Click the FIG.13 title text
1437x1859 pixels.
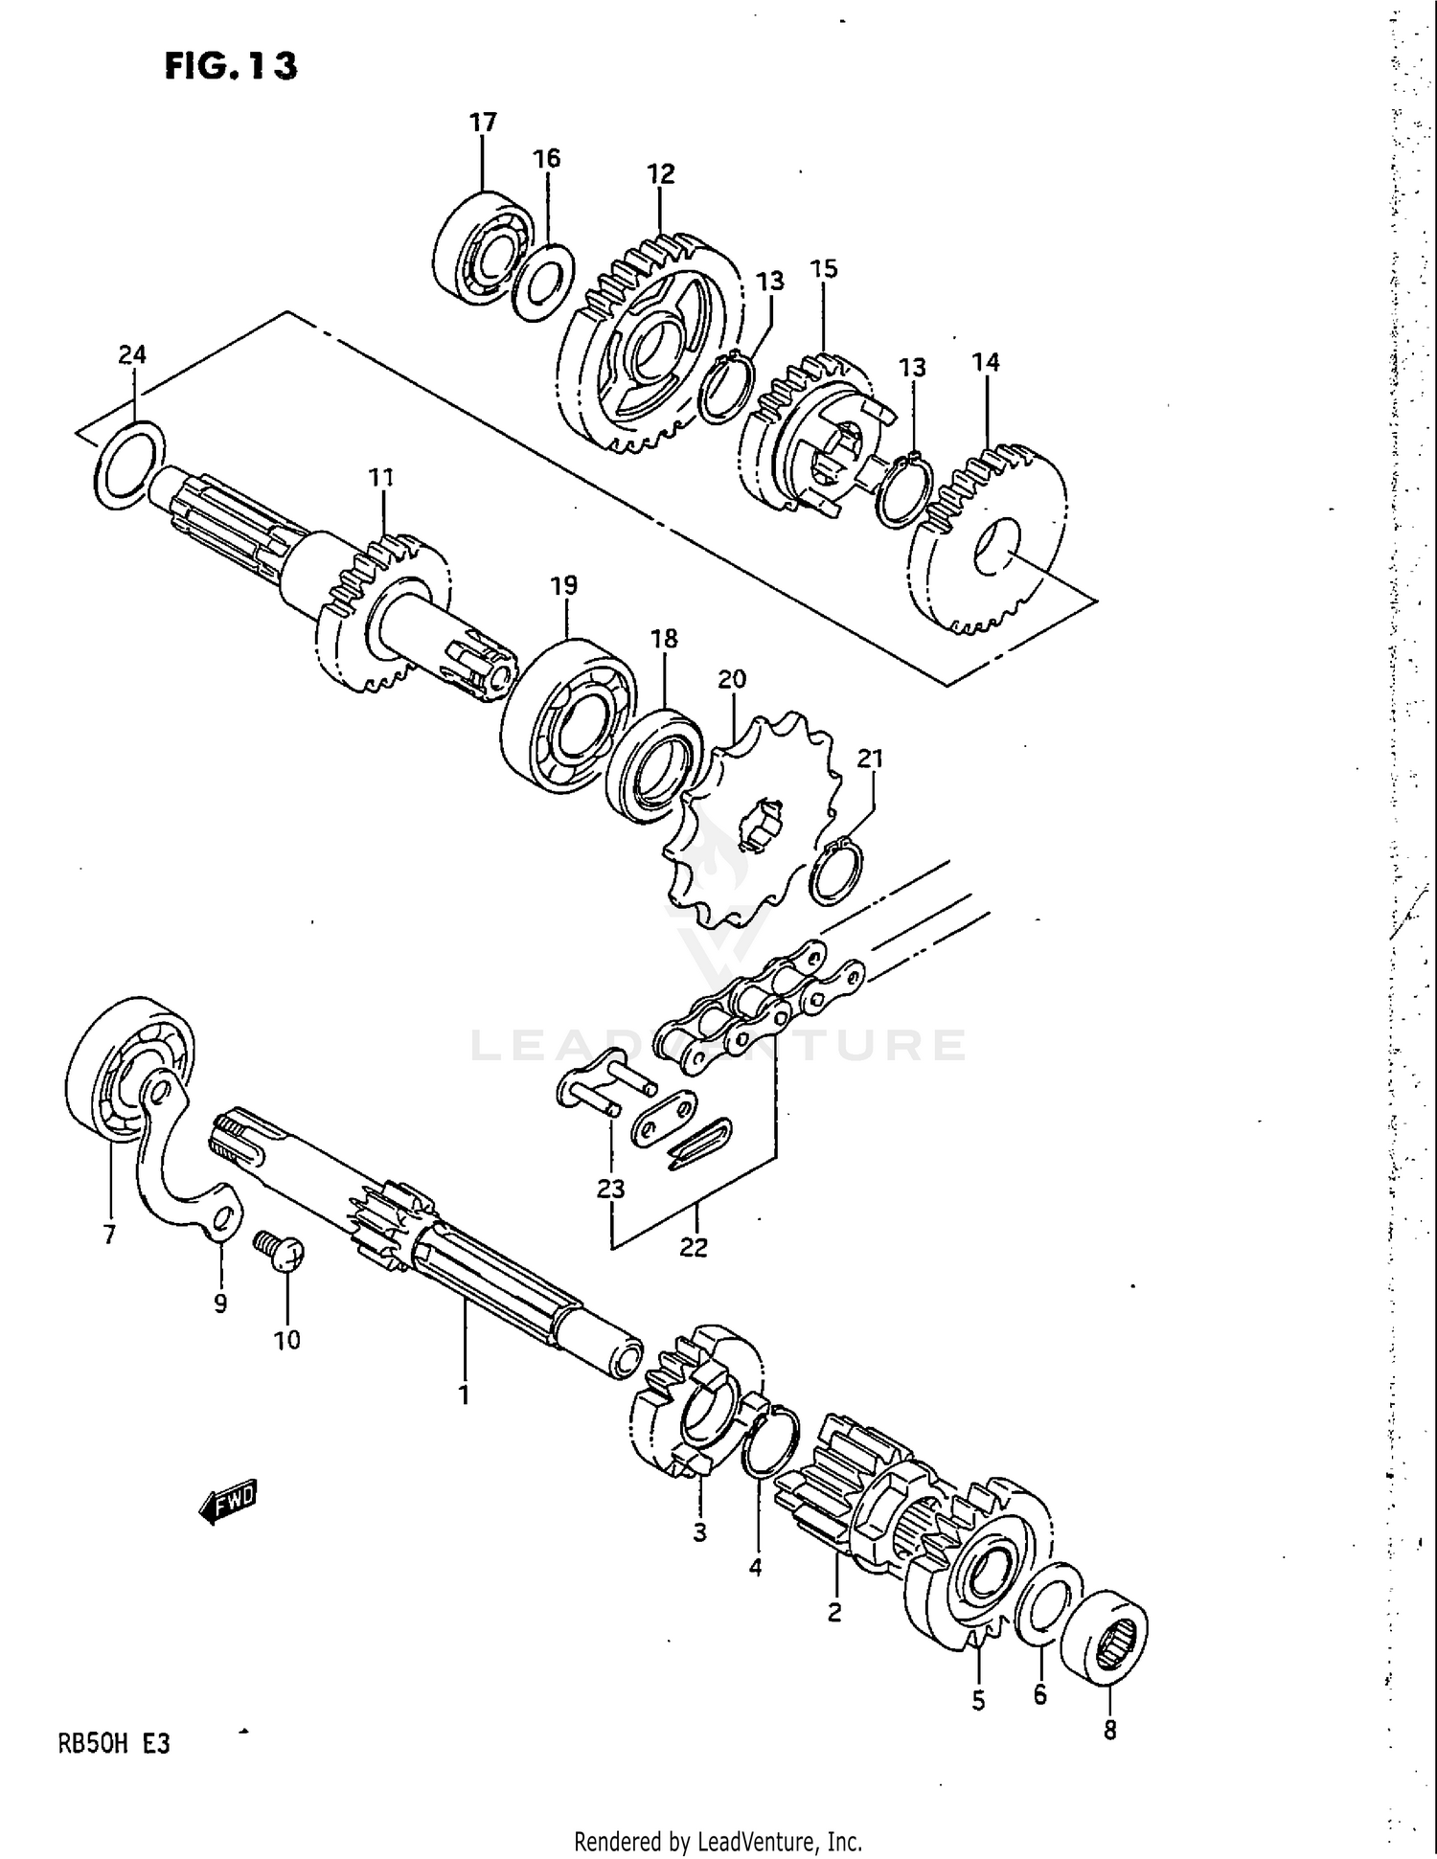click(230, 66)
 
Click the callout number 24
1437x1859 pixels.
click(132, 355)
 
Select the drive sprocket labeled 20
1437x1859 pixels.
click(757, 824)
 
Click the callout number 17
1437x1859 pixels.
click(483, 123)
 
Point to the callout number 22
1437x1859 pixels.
click(694, 1248)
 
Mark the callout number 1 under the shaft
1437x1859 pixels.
click(464, 1395)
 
